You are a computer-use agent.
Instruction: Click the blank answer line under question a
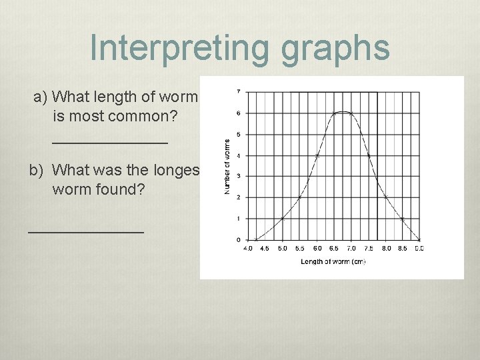[x=110, y=141]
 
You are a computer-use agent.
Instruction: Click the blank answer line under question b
[x=85, y=231]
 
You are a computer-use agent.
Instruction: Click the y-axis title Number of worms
[x=228, y=167]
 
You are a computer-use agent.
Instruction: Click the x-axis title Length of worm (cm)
[x=333, y=261]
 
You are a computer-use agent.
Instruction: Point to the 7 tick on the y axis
[x=239, y=91]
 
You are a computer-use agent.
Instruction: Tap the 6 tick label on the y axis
[x=239, y=113]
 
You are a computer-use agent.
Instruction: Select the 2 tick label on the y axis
[x=239, y=197]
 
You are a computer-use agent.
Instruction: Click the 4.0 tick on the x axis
[x=248, y=248]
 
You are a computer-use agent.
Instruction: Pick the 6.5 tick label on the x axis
[x=334, y=248]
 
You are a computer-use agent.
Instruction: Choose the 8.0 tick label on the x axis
[x=386, y=248]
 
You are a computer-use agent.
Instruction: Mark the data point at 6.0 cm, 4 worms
[x=317, y=155]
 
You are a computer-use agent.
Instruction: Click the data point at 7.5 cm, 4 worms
[x=369, y=155]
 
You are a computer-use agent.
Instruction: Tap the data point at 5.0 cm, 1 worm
[x=282, y=218]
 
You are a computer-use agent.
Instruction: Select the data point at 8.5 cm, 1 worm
[x=403, y=218]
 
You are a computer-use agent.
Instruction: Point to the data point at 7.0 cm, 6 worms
[x=351, y=113]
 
